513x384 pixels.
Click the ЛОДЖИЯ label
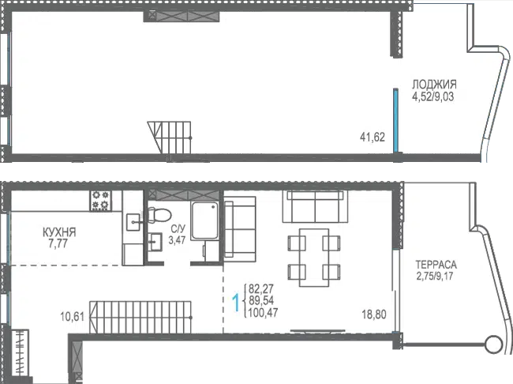point(434,85)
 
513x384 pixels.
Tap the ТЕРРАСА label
point(436,264)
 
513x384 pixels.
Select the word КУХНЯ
point(59,232)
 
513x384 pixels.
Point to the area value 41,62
point(373,137)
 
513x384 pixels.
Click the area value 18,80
point(374,314)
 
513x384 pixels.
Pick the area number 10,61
point(73,317)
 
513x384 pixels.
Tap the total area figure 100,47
point(263,313)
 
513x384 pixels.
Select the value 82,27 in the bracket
point(261,289)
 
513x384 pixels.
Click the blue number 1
point(235,303)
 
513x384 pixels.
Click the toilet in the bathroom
point(159,215)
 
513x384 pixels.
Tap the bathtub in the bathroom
point(204,220)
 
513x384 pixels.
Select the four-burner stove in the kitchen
point(100,201)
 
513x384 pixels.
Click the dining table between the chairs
point(314,258)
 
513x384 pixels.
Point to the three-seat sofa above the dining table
point(315,207)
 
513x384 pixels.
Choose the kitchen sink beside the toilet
point(134,222)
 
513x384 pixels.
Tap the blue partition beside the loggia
point(396,120)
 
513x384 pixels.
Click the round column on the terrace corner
point(494,344)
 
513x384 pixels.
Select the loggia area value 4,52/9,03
point(433,97)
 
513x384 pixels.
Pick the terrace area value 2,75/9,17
point(435,276)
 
